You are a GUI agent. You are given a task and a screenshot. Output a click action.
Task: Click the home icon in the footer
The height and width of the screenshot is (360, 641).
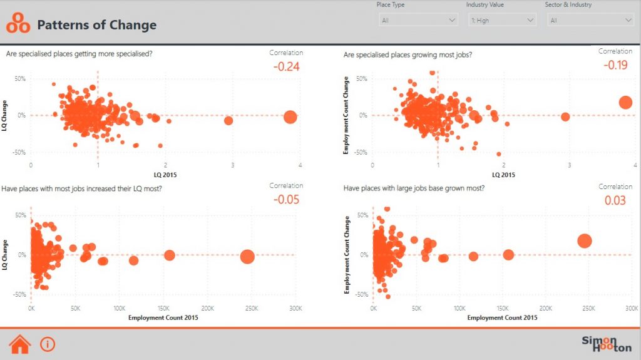click(20, 344)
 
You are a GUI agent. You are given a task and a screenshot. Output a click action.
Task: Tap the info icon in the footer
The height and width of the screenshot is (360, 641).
click(48, 344)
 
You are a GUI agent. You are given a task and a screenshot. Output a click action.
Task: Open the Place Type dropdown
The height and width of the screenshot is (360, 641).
click(418, 21)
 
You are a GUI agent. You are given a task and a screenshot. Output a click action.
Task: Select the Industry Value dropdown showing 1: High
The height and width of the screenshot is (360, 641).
click(502, 21)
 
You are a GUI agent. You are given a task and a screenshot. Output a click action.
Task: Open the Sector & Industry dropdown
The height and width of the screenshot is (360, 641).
click(590, 21)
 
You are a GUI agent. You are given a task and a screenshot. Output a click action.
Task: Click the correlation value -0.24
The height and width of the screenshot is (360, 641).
click(285, 66)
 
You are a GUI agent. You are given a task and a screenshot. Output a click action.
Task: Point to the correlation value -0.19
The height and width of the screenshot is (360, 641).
click(615, 64)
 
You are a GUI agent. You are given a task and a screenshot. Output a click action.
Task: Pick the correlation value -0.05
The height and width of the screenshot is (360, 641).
click(286, 200)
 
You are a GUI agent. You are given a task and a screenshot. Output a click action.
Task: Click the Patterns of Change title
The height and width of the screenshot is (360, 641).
click(97, 26)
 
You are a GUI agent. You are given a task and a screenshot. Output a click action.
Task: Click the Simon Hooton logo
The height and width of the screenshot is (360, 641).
click(606, 344)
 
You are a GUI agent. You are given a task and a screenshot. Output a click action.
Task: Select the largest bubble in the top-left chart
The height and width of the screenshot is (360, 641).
click(290, 116)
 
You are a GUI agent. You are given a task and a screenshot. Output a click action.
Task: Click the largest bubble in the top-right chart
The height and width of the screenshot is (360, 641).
click(625, 103)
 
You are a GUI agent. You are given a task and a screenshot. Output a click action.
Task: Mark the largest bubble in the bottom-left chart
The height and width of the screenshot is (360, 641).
click(247, 255)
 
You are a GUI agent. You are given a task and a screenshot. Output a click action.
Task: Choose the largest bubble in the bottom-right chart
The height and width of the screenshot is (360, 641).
click(585, 241)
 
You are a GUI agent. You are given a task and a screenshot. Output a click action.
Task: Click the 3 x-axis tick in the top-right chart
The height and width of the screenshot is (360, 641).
click(569, 165)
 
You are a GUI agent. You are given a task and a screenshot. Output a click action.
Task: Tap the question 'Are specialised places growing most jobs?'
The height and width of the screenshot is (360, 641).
click(408, 55)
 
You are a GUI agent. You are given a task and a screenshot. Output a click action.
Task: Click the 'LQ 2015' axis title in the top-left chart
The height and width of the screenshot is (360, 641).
click(165, 175)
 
